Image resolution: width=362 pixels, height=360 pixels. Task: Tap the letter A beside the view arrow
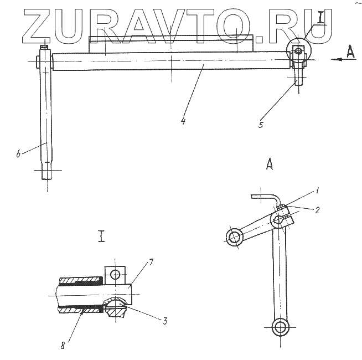(350, 51)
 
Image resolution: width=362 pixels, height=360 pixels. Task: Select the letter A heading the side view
(270, 164)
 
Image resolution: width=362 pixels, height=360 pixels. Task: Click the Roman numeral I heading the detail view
(102, 238)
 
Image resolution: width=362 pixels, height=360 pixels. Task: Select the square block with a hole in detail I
(115, 274)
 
